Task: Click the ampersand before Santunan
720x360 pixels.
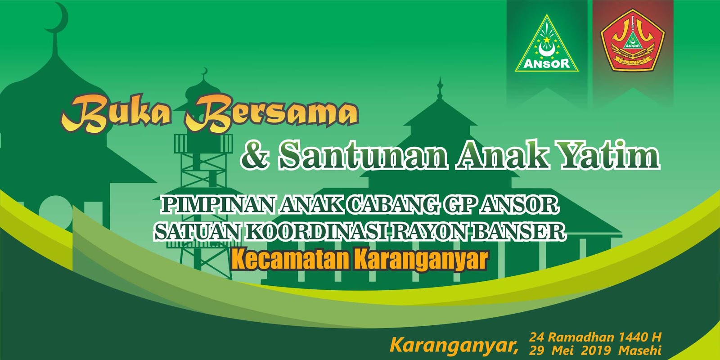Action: point(255,155)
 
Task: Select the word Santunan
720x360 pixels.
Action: point(363,155)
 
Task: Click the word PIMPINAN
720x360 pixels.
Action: point(218,205)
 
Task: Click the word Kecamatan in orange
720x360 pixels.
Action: point(290,260)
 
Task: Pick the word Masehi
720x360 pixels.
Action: point(639,350)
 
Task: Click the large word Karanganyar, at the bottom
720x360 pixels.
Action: point(454,346)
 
